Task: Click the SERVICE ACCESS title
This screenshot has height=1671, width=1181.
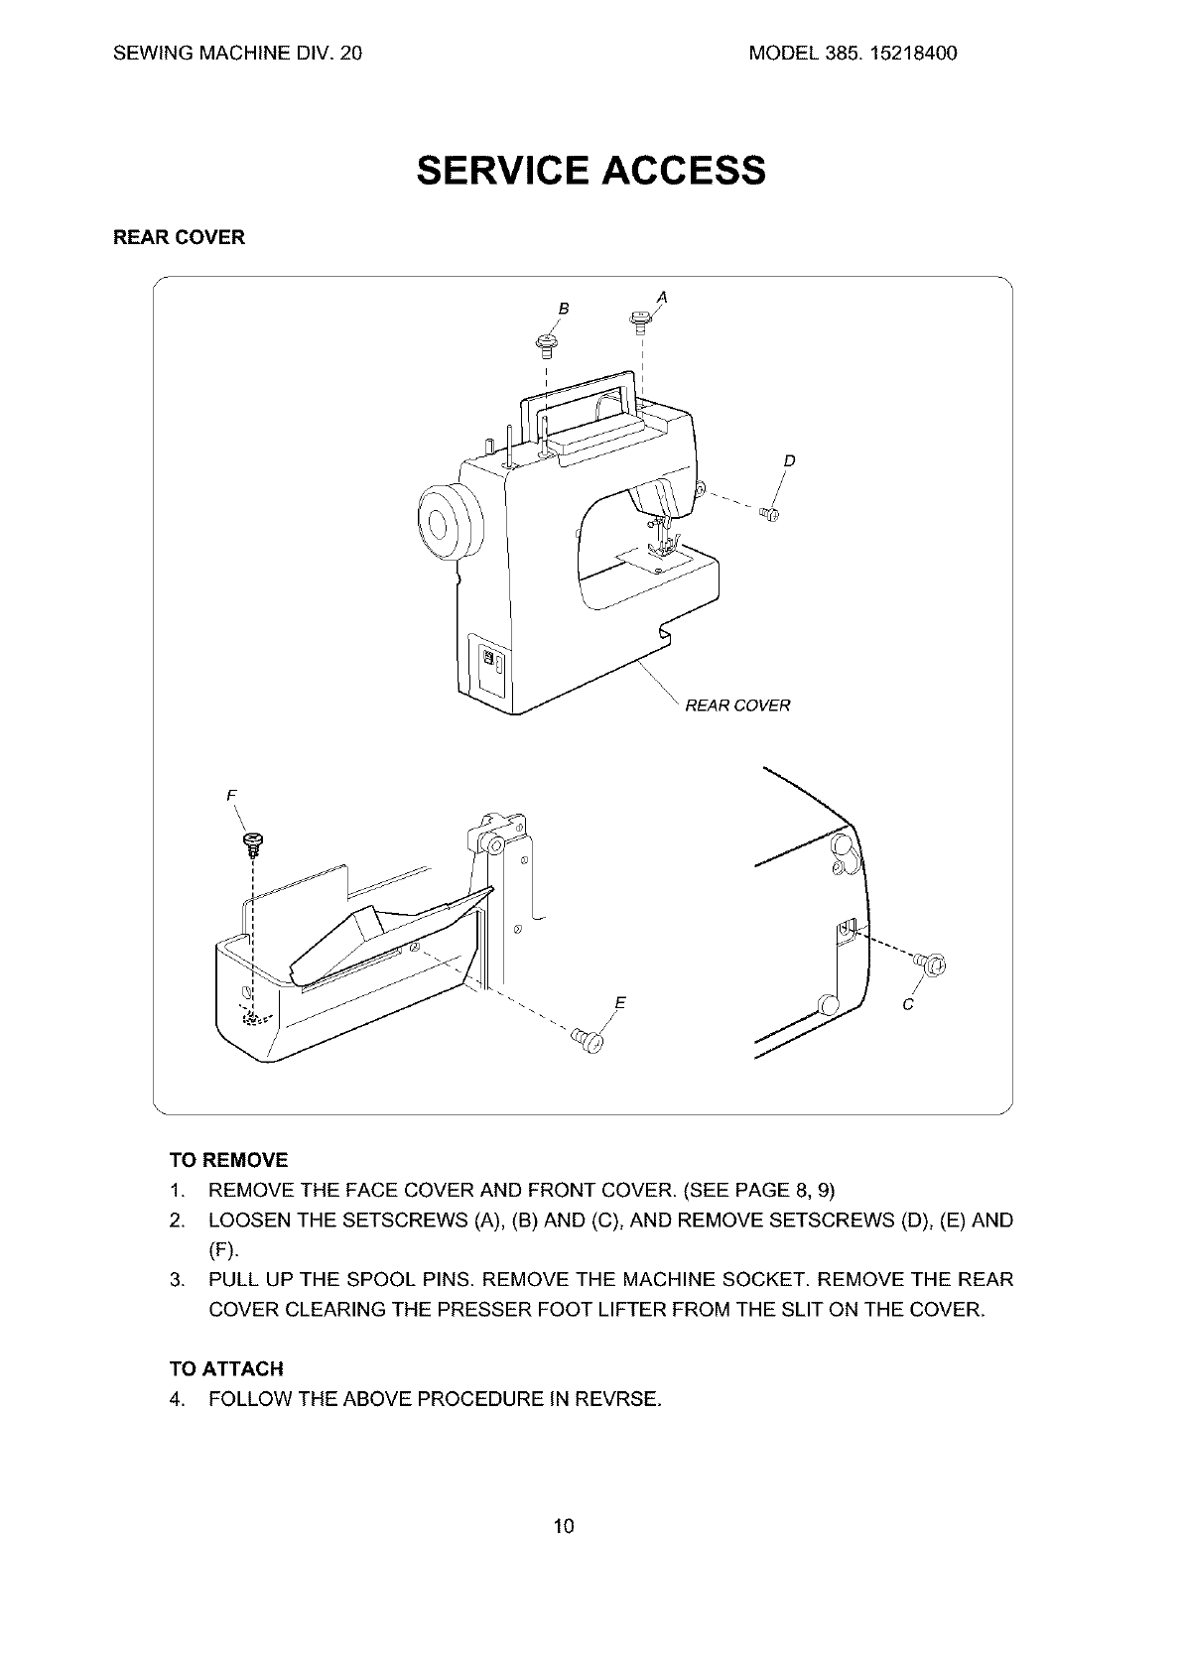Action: pos(591,171)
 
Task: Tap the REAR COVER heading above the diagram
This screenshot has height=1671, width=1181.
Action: pos(179,238)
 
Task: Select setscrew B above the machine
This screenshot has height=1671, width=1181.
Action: pos(545,342)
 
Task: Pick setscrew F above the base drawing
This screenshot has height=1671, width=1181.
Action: pos(253,844)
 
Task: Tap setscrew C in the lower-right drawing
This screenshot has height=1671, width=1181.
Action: pos(932,961)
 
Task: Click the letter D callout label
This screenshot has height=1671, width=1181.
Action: pos(789,460)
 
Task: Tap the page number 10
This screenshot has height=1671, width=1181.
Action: pos(564,1526)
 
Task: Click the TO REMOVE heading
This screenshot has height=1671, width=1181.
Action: pos(228,1160)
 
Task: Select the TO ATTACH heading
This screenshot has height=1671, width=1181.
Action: pos(226,1369)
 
